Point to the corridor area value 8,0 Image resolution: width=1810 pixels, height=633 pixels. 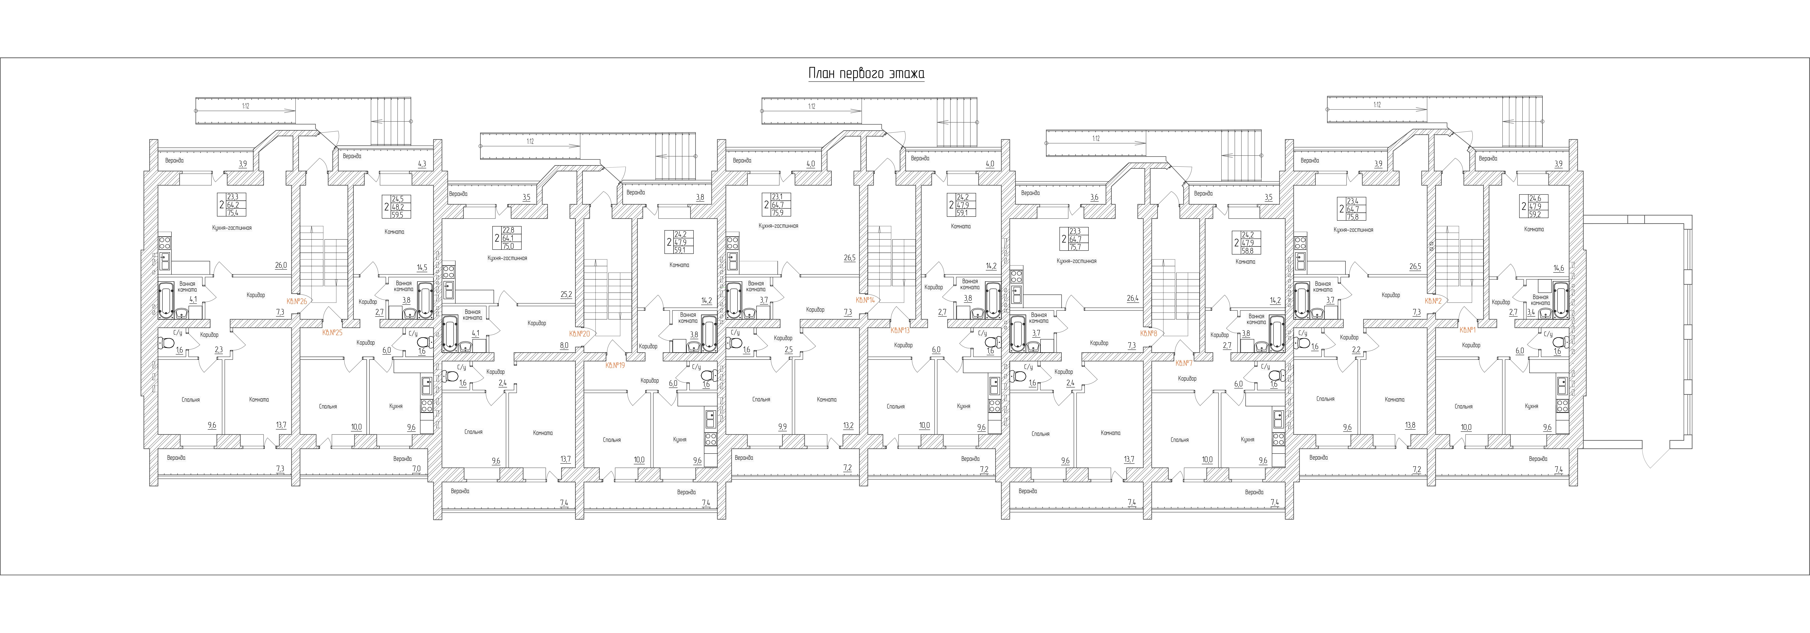pos(564,345)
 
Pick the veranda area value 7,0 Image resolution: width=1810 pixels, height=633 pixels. pos(416,469)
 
